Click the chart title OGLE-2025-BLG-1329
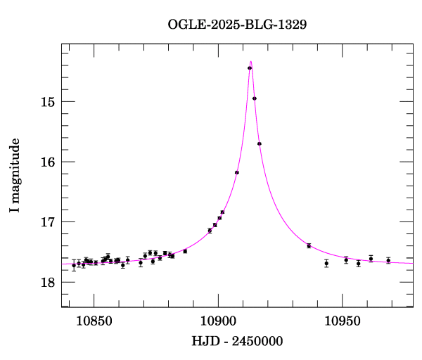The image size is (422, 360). coord(237,25)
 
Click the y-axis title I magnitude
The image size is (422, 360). coord(15,176)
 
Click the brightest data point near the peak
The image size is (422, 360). coord(250,68)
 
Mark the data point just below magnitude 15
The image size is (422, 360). coord(255,98)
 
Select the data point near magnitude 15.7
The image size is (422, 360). coord(260,143)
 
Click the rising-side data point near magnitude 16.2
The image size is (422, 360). coord(237,172)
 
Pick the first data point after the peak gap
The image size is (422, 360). coord(309,245)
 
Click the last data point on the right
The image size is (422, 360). coord(388,260)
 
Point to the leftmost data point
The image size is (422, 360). coord(74,265)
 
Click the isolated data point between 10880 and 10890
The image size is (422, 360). coord(185,251)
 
